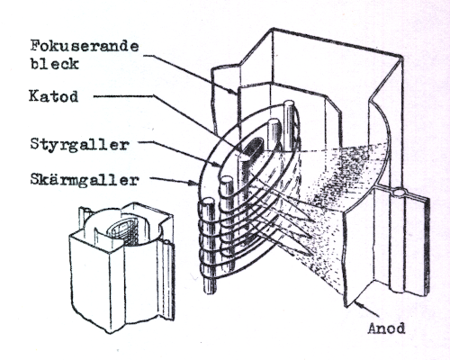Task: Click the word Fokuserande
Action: (x=85, y=46)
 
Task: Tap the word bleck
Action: (x=55, y=64)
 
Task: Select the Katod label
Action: (x=54, y=96)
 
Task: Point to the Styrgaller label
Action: (x=79, y=145)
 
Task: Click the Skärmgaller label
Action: (x=85, y=180)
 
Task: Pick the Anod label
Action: (x=386, y=328)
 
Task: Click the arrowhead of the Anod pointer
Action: (x=357, y=304)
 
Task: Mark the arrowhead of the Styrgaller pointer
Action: (x=219, y=164)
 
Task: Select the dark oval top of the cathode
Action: (x=253, y=147)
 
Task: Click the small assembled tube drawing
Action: (x=121, y=267)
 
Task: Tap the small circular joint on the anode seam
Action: (x=400, y=192)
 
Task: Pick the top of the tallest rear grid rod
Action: (x=289, y=104)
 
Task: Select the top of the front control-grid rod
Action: (x=227, y=181)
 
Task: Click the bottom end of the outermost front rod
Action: (x=210, y=290)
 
